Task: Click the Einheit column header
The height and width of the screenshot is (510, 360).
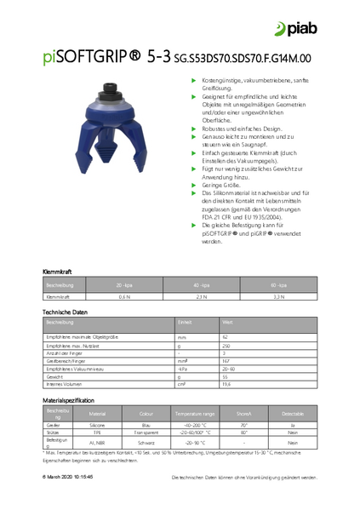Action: [185, 322]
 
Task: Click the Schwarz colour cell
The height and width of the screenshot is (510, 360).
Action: [145, 443]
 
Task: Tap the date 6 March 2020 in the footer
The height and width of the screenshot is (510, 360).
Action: [67, 478]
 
